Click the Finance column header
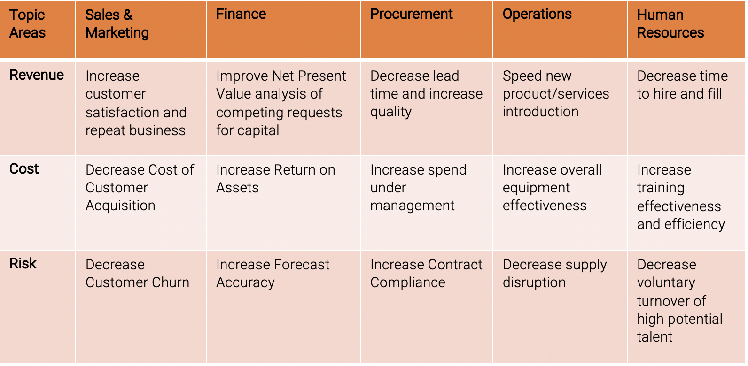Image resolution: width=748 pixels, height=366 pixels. pos(241,14)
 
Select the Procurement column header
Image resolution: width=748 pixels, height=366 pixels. pos(411,14)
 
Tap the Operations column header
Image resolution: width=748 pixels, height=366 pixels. pos(537,15)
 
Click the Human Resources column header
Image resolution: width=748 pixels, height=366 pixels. pos(670,23)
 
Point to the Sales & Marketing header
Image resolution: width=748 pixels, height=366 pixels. pos(117,23)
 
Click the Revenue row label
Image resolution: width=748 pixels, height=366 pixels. pos(36,75)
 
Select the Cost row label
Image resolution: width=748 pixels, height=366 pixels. pos(24,169)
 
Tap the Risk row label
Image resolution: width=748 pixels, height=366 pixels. pos(23,264)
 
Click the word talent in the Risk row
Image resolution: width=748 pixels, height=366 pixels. pos(654,336)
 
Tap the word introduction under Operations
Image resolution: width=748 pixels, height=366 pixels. pos(540,111)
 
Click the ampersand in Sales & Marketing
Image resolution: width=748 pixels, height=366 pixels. pos(128,15)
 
